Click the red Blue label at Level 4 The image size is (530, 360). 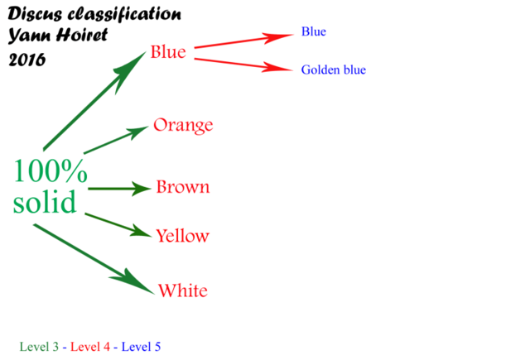(x=168, y=52)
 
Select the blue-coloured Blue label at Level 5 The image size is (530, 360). (x=314, y=31)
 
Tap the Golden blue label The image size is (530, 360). (x=334, y=70)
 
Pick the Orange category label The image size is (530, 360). (x=183, y=126)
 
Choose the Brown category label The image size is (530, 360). (x=183, y=187)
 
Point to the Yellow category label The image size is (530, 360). (x=182, y=235)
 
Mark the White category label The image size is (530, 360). (x=183, y=290)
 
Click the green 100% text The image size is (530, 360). (x=51, y=170)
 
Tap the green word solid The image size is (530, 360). (x=44, y=201)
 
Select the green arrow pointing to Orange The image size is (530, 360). (x=116, y=140)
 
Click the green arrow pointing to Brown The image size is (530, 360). (x=119, y=189)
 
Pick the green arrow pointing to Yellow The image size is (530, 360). (x=118, y=225)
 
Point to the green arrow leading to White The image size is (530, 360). (x=94, y=259)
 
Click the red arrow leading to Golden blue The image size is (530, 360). (x=243, y=65)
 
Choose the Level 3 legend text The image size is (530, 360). (x=39, y=347)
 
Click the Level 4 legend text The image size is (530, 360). (x=90, y=347)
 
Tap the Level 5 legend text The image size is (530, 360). (x=141, y=347)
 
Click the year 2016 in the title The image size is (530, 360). (x=27, y=60)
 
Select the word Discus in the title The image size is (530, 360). (x=35, y=14)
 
